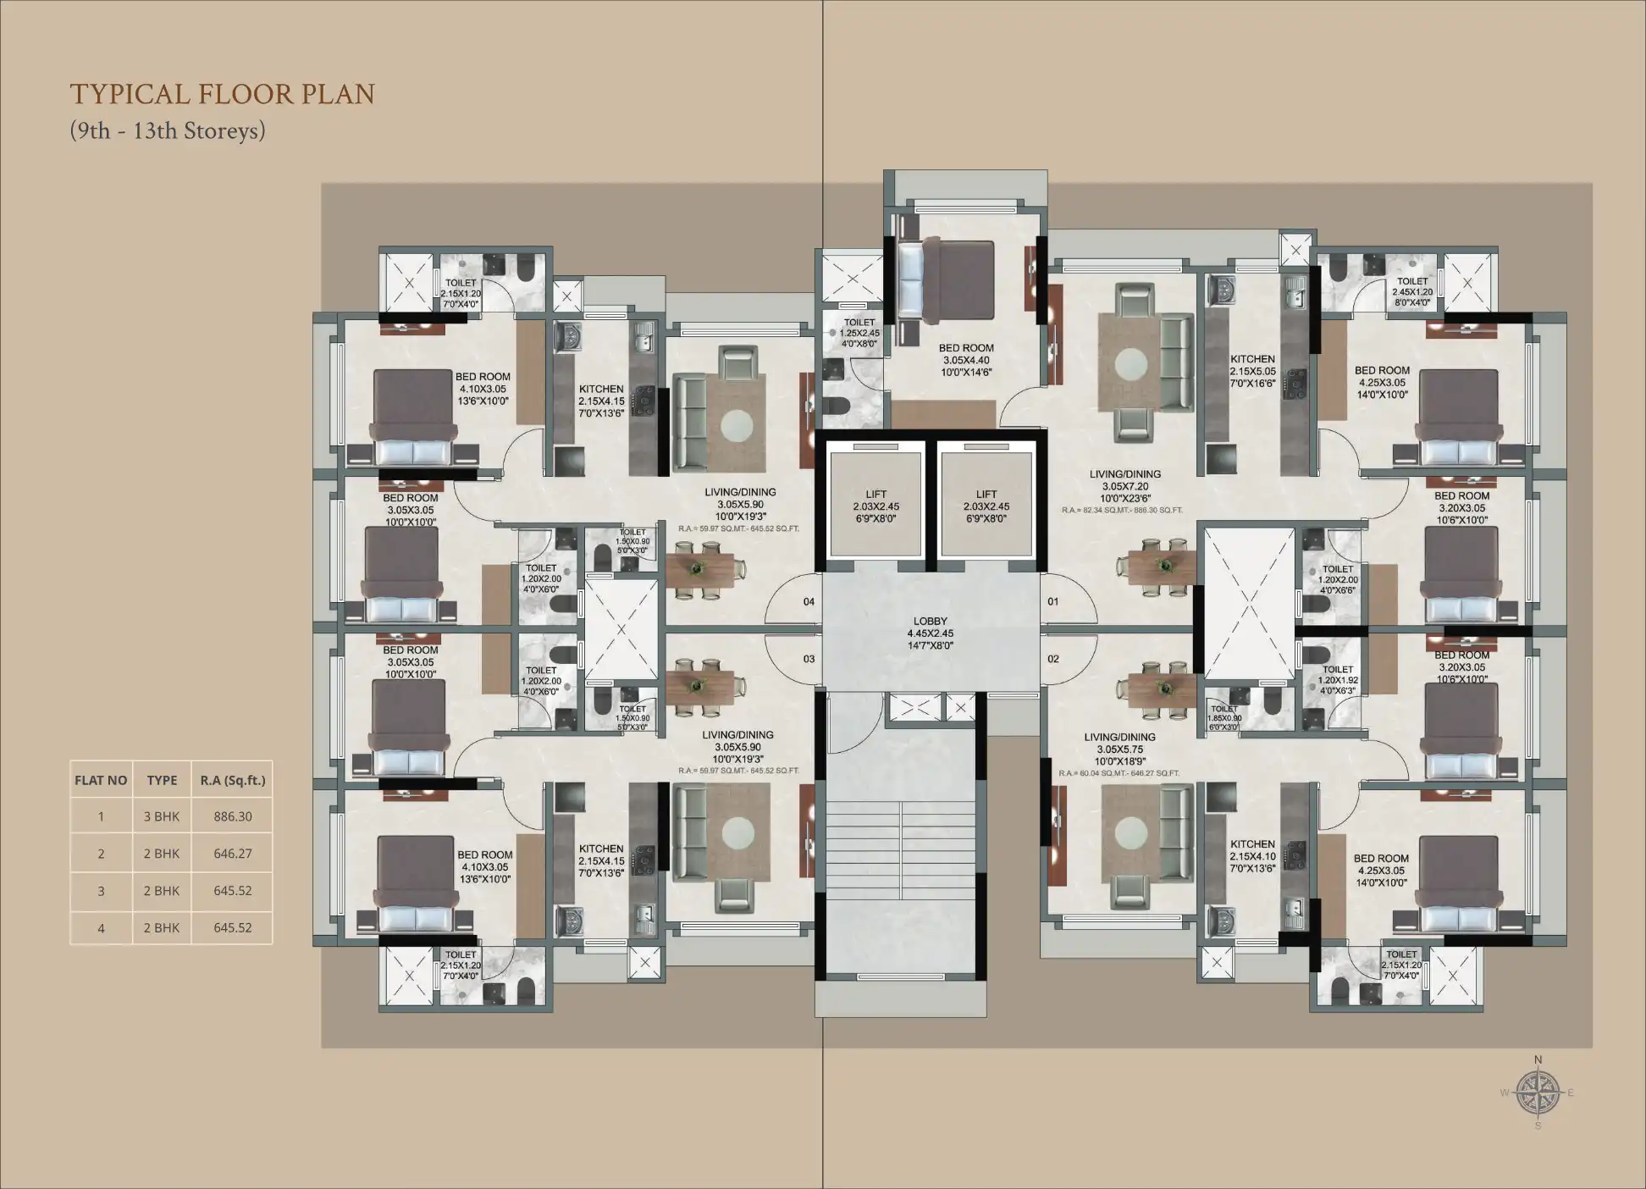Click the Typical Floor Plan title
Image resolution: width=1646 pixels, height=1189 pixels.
coord(222,94)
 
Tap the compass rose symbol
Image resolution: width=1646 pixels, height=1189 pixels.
coord(1538,1092)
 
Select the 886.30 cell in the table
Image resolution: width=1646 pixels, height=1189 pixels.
coord(233,816)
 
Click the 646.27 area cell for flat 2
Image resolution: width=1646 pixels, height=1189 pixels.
coord(233,854)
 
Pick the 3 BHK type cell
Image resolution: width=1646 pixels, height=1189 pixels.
coord(162,816)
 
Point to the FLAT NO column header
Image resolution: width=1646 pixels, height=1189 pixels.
coord(101,780)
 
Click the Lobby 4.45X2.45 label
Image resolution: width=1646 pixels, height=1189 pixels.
coord(931,633)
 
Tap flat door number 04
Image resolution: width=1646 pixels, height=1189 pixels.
coord(809,602)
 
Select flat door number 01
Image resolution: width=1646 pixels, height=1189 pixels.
coord(1053,602)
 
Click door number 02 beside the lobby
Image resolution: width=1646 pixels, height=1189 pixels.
coord(1053,659)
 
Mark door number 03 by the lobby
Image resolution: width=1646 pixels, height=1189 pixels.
coord(809,659)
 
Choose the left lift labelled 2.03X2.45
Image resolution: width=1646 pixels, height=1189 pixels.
coord(876,506)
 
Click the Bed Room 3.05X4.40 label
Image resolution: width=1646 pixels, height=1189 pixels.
coord(966,360)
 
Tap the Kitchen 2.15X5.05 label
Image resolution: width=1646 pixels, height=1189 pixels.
coord(1252,371)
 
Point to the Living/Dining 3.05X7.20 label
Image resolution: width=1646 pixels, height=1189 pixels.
coord(1124,486)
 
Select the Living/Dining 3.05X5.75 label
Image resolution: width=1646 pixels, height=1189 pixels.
coord(1119,749)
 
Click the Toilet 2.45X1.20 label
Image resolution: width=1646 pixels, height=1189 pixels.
coord(1412,291)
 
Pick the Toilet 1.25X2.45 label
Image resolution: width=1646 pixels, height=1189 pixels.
coord(859,333)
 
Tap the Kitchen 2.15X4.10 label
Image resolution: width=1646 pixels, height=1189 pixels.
coord(1252,856)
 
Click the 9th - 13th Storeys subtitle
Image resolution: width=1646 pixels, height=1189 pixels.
coord(168,131)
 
